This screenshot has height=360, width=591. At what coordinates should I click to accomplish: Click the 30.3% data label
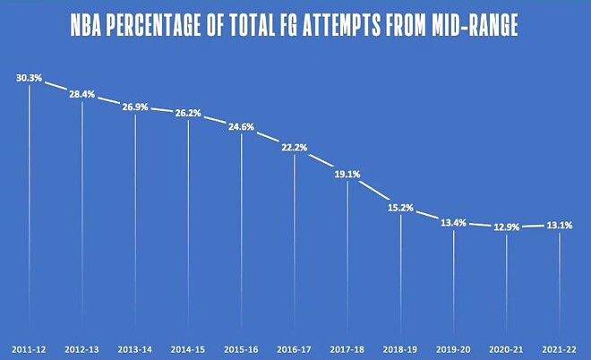click(x=29, y=78)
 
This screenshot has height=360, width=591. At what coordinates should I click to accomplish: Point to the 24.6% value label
click(x=242, y=127)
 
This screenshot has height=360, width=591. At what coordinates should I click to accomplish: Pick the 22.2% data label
click(x=295, y=148)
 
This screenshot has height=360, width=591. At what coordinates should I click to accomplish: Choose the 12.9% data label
click(x=507, y=227)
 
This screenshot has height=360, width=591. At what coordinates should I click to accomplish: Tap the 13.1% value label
click(x=560, y=226)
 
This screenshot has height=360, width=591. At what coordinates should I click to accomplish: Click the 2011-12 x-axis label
click(x=29, y=346)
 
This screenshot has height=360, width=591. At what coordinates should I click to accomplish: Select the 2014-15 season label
click(x=188, y=346)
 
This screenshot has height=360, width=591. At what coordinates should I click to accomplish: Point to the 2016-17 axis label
click(x=295, y=346)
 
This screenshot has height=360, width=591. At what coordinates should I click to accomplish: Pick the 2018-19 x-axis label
click(x=400, y=346)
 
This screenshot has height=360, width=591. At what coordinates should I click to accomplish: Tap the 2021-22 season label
click(x=560, y=346)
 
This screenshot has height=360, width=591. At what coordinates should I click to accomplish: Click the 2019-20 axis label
click(x=454, y=346)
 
